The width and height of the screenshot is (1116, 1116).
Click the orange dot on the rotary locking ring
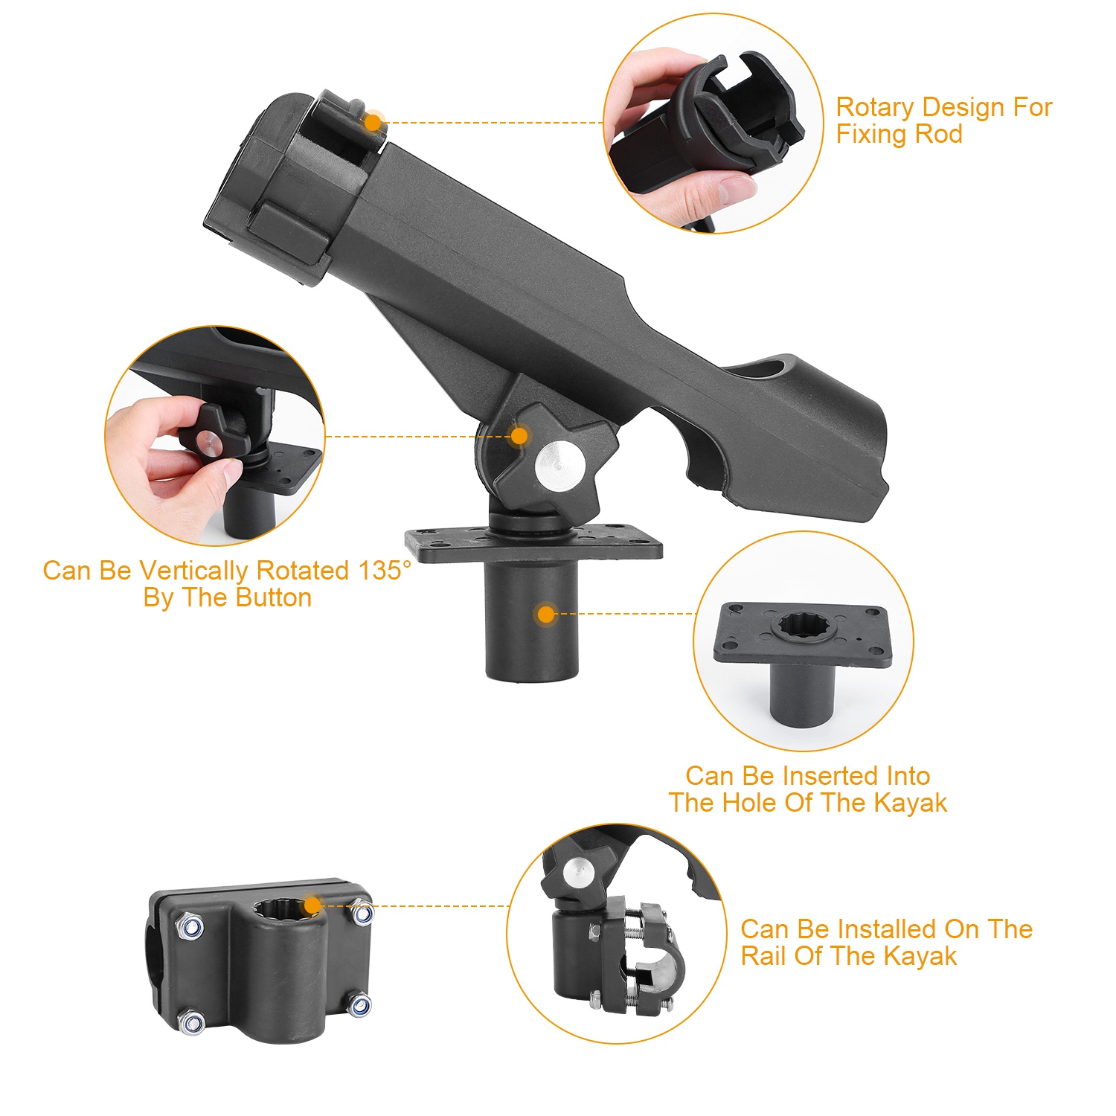point(373,122)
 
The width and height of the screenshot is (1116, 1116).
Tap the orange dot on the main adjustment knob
point(519,436)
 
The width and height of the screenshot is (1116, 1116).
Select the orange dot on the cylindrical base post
point(546,614)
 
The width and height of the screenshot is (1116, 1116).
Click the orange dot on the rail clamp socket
point(312,905)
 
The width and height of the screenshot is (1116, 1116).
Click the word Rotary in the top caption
point(875,107)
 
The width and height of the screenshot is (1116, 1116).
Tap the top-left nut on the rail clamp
point(190,927)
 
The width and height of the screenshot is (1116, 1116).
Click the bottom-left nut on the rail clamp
point(191,1023)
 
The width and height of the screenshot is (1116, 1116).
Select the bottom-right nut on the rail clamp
point(359,1006)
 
